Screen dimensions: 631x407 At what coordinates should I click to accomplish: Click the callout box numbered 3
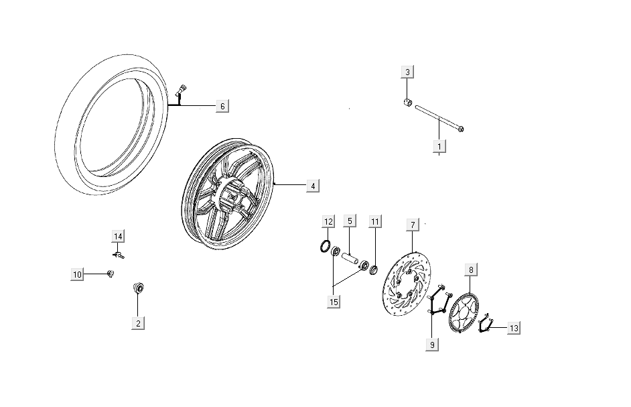point(407,72)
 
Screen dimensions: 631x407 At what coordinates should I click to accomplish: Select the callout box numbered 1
point(439,146)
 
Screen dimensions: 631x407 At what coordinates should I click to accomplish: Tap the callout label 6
point(222,107)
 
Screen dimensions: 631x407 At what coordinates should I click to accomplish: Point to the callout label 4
point(313,186)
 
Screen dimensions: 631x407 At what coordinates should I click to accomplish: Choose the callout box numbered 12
point(328,222)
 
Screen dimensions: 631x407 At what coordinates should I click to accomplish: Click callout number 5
point(350,221)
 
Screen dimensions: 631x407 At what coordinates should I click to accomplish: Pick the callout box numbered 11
point(375,222)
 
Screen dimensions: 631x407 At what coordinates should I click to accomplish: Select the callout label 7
point(413,225)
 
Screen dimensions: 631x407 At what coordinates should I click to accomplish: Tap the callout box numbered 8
point(471,270)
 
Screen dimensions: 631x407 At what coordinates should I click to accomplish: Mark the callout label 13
point(514,328)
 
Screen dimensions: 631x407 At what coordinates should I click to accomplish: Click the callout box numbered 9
point(432,345)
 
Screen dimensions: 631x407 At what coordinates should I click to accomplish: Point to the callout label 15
point(334,302)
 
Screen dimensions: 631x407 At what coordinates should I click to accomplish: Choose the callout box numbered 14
point(118,236)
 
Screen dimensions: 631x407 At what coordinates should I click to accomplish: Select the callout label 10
point(77,274)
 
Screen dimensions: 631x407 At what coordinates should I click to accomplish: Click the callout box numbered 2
point(138,323)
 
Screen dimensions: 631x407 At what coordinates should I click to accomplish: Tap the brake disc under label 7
point(406,284)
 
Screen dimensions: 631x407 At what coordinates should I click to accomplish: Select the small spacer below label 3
point(407,102)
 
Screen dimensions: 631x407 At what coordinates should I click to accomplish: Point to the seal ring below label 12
point(326,246)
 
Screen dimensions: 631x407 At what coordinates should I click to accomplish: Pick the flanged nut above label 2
point(139,288)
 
